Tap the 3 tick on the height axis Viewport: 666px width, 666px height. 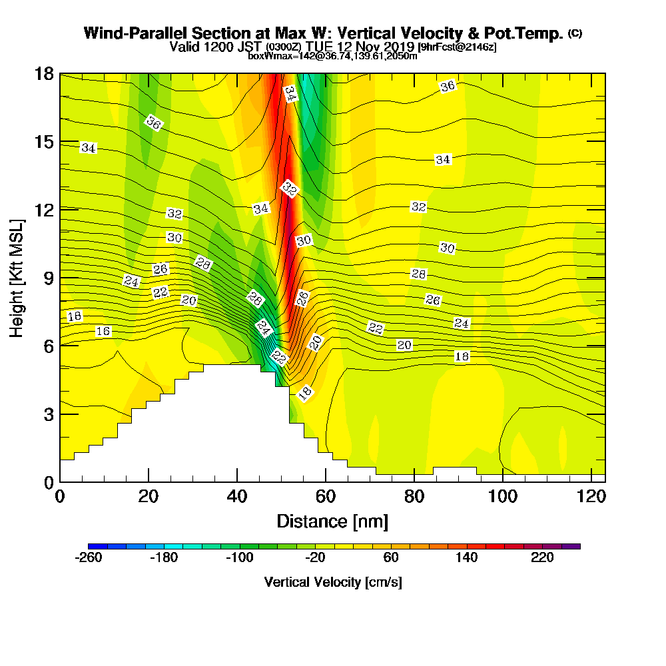[x=48, y=414]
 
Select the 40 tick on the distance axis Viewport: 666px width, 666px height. [x=237, y=497]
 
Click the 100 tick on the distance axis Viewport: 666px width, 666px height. [x=503, y=497]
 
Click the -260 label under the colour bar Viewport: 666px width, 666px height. [x=89, y=558]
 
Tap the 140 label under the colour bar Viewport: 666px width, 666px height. [x=467, y=558]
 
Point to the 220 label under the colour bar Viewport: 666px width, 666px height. [x=543, y=558]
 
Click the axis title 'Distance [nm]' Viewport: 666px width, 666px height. [x=332, y=520]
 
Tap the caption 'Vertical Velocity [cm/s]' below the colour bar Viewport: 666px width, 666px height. [x=333, y=582]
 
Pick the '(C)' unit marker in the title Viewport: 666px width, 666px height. [x=575, y=33]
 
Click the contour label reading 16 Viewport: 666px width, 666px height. [x=103, y=331]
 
